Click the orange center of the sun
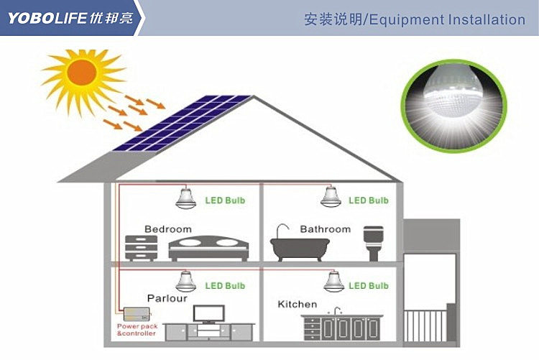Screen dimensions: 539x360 82,72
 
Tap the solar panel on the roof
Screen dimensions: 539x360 183,123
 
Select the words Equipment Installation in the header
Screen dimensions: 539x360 447,19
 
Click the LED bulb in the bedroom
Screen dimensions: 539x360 185,198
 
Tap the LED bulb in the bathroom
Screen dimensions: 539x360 331,198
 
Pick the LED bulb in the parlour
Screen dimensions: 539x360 185,282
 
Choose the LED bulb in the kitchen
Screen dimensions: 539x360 333,282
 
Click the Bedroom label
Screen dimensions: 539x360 168,229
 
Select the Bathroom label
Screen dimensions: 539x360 325,229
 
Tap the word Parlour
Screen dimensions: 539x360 167,298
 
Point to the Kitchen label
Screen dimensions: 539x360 298,304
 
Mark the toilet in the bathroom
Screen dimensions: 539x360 374,243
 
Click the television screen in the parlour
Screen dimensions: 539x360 208,313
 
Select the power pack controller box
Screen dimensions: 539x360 137,314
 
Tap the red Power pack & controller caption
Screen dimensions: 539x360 137,330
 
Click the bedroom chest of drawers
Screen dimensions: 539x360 142,248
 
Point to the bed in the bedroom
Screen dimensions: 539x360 208,248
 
